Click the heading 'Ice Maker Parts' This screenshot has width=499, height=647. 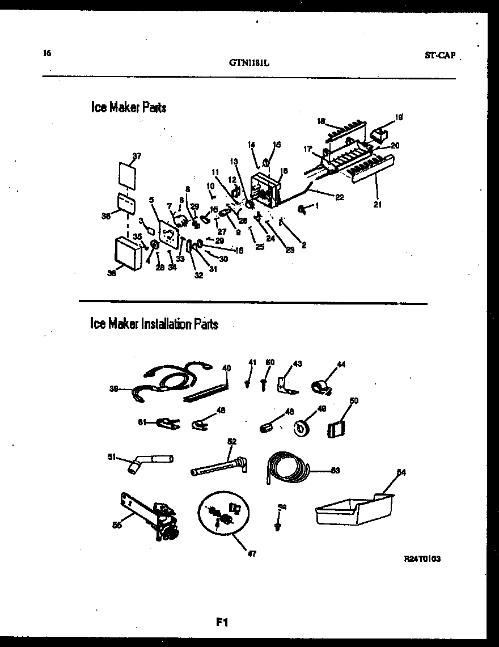tap(129, 107)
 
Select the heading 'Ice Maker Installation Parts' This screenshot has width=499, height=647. tap(154, 324)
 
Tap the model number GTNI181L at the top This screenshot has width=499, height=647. tap(249, 64)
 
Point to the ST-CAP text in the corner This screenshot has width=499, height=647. tap(440, 56)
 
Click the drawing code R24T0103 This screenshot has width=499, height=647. tap(422, 559)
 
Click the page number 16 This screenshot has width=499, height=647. tap(46, 53)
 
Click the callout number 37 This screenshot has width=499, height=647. tap(136, 156)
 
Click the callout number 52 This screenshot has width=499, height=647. tap(231, 441)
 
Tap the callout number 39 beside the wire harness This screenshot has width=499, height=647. tap(114, 389)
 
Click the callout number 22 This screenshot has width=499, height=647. tap(340, 197)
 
